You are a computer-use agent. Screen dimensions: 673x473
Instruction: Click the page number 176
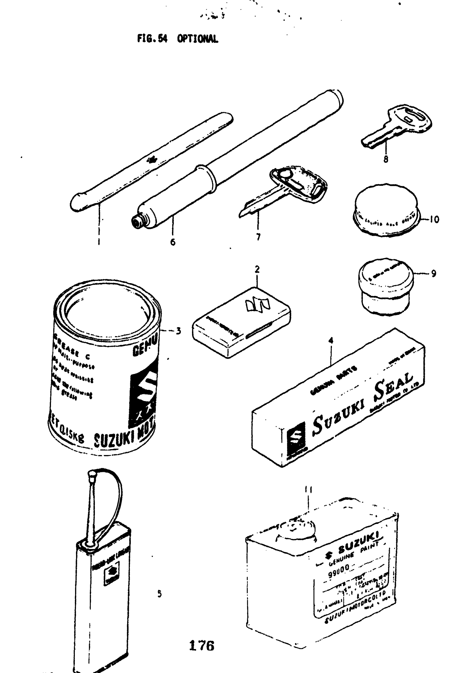click(x=202, y=645)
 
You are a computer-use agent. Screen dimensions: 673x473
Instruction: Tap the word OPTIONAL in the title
click(x=198, y=38)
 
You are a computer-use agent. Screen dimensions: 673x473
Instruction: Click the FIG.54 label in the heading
click(x=152, y=38)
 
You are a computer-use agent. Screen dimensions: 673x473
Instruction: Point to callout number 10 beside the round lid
click(x=434, y=219)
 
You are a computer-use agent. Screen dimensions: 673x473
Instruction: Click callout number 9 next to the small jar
click(x=433, y=273)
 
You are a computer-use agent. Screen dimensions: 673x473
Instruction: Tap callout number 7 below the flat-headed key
click(x=258, y=237)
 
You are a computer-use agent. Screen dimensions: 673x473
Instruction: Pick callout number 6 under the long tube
click(x=173, y=242)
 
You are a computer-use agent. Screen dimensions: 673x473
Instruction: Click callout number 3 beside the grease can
click(x=178, y=331)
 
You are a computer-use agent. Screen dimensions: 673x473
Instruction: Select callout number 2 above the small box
click(x=257, y=269)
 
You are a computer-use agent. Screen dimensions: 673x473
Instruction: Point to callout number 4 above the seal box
click(x=331, y=341)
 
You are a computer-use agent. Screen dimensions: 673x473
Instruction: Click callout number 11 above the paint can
click(x=309, y=490)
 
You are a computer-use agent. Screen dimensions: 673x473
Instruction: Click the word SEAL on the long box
click(x=394, y=388)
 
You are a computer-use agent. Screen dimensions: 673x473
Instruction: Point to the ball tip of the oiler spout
click(x=92, y=473)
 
